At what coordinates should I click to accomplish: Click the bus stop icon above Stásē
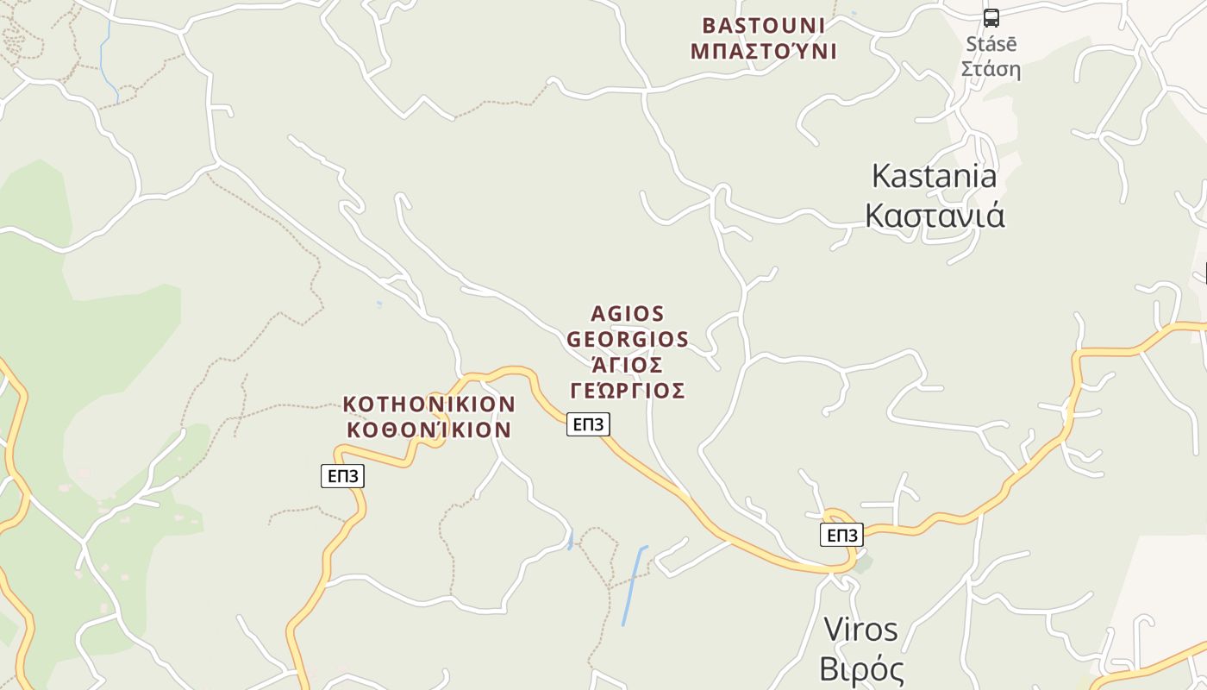coord(991,17)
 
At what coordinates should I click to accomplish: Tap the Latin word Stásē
coord(991,44)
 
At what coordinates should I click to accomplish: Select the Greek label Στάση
coord(991,69)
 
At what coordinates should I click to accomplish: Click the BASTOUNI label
coord(763,25)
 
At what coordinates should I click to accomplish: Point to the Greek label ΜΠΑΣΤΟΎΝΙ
coord(763,51)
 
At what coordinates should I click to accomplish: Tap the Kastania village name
coord(934,176)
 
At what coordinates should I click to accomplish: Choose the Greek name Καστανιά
coord(935,215)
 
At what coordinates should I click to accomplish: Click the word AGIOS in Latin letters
coord(628,313)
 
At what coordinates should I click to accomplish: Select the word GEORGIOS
coord(628,339)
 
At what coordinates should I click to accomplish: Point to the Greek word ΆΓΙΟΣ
coord(628,364)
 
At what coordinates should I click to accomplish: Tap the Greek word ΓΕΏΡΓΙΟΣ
coord(628,391)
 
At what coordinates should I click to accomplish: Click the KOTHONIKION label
coord(428,404)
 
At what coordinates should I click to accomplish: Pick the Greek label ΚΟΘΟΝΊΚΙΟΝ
coord(428,430)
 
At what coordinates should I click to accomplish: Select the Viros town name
coord(860,630)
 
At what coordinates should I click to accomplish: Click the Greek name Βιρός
coord(860,669)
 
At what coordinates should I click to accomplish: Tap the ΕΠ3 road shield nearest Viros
coord(841,535)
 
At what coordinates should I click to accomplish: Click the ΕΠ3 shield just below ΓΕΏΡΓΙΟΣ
coord(588,423)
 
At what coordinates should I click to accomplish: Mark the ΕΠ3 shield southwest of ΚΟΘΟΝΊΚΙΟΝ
coord(342,475)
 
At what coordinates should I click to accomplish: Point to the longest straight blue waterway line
coord(634,586)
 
